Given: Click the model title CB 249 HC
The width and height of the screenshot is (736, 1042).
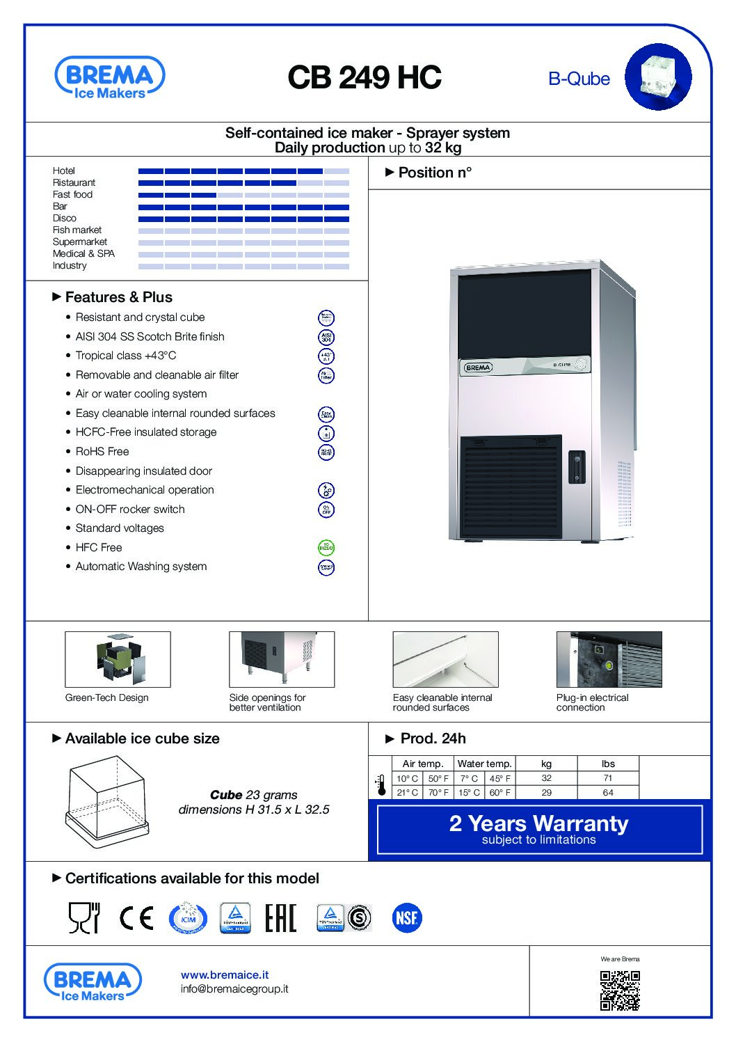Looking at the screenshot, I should [365, 77].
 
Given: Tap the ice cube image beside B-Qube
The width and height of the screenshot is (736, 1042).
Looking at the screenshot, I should [657, 77].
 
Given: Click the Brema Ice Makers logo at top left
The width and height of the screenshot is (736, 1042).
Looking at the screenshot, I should [110, 78].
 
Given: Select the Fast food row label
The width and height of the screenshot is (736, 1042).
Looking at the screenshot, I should [72, 194].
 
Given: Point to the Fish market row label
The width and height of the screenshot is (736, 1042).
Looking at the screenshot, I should [77, 230].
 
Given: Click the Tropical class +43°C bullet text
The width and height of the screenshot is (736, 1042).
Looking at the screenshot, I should [126, 355].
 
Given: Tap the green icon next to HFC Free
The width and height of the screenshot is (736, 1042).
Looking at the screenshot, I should [326, 548].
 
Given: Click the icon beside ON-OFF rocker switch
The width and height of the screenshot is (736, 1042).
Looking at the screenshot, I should [326, 510].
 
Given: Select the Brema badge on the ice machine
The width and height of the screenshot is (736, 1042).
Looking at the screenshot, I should [478, 367].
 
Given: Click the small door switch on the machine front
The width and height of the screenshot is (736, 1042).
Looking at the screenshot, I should [576, 466].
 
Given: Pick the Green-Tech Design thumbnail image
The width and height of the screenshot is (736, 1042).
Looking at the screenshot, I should [118, 659].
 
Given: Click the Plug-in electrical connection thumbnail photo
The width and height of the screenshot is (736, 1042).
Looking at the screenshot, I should [609, 659].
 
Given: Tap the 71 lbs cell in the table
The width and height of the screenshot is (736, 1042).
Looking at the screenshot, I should [608, 778].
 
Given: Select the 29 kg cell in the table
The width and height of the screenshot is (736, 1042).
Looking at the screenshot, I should [546, 793].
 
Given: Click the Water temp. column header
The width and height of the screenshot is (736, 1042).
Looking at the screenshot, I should [484, 764].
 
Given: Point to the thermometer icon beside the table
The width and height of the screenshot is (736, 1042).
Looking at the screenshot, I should [381, 785].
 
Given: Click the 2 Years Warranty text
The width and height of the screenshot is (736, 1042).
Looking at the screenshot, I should [538, 823].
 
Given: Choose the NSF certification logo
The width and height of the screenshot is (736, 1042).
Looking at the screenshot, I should [406, 918].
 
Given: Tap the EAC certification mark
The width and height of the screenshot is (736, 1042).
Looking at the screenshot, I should [281, 918].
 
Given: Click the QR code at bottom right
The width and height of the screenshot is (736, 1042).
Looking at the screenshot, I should [620, 990].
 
